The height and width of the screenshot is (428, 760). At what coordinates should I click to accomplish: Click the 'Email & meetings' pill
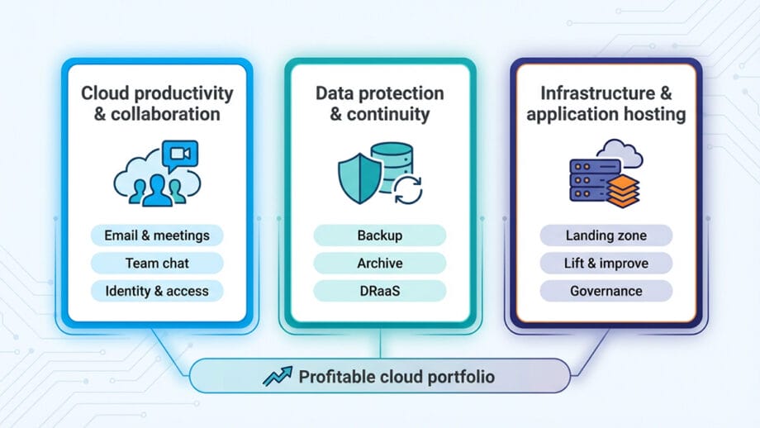157,235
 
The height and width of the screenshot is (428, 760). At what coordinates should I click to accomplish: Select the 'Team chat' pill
157,264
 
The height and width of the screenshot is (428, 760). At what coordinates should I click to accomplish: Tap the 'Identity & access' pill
157,291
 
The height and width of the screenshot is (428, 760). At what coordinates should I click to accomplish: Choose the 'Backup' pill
380,235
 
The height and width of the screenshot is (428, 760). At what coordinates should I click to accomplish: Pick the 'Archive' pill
380,264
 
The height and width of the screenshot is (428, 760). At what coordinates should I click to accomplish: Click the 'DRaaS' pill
380,291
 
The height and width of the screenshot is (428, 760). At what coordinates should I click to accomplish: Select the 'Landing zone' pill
606,235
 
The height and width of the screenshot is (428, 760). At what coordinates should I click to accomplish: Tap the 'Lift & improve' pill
606,264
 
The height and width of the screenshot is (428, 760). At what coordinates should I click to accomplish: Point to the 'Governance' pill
606,291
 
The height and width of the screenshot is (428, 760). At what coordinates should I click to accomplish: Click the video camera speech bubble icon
179,155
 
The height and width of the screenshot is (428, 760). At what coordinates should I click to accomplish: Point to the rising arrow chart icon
277,377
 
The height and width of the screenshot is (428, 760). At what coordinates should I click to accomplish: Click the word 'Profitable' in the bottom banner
335,377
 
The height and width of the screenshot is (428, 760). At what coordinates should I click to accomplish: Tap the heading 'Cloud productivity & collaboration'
157,103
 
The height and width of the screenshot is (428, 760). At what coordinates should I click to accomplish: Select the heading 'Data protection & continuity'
380,103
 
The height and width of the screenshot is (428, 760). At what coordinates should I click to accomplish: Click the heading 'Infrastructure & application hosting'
606,103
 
